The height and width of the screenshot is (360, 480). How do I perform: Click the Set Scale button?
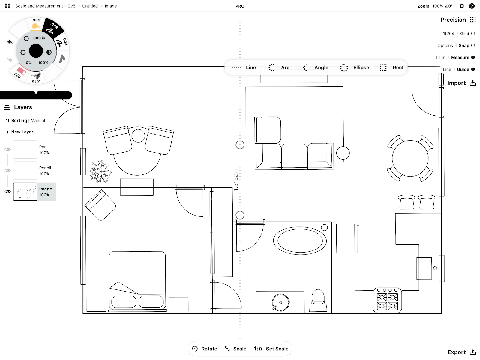point(271,349)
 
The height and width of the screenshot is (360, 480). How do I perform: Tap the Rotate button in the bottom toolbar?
point(205,349)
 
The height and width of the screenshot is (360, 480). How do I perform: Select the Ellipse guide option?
point(355,68)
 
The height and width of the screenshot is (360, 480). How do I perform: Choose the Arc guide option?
point(279,68)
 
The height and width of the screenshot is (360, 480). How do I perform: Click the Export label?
point(457,352)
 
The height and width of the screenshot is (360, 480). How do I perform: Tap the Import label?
point(456,83)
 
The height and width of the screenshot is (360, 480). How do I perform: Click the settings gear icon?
point(461,6)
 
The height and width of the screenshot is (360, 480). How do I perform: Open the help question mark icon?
point(472,6)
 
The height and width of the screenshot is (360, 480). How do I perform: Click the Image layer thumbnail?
point(25,192)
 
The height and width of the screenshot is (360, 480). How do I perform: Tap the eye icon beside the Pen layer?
point(8,149)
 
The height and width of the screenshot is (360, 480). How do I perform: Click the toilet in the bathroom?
point(318,301)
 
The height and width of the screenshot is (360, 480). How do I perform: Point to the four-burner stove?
point(387,300)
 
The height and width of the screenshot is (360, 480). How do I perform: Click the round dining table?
point(410,158)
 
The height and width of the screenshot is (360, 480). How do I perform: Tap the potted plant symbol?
point(100,171)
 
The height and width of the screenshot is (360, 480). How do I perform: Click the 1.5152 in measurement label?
point(235,180)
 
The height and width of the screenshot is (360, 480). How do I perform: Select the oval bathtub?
point(300,241)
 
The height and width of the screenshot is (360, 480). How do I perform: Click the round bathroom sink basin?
point(280,302)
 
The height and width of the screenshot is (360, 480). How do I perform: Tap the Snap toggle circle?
point(473,46)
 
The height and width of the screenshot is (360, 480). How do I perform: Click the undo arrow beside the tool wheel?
point(10,42)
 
